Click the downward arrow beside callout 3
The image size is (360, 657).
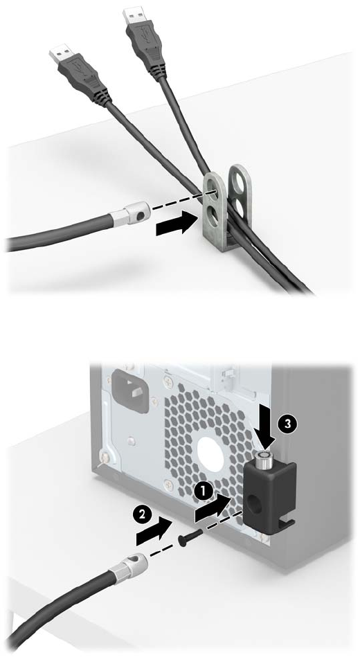coord(263,433)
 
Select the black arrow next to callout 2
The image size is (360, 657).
coord(154,531)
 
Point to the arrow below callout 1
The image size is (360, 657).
coord(213,508)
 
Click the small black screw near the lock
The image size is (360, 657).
coord(190,537)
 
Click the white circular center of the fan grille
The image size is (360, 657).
coord(210,453)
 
